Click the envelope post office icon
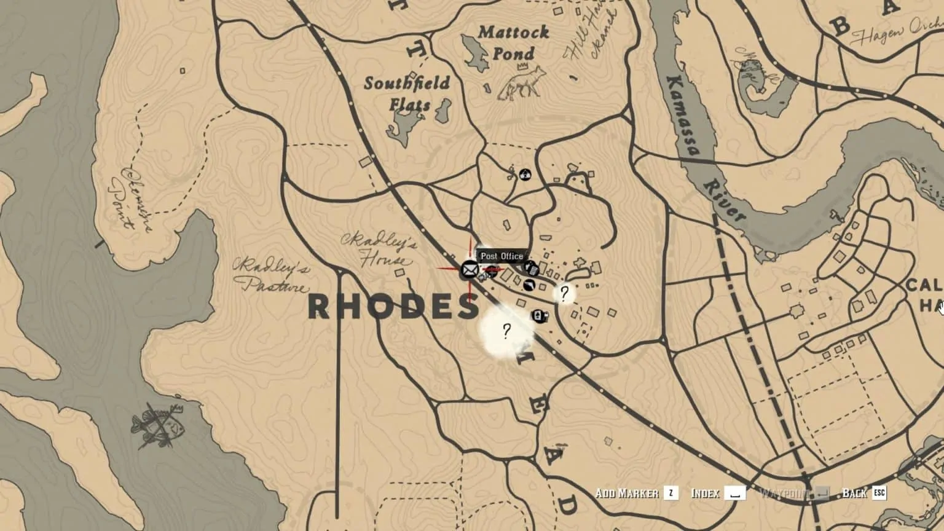tap(470, 269)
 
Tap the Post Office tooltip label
tap(502, 256)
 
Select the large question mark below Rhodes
tap(506, 332)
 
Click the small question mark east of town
tap(564, 293)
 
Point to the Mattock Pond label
tap(513, 42)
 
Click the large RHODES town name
tap(393, 306)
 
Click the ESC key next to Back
tap(879, 493)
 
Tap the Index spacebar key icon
tap(735, 493)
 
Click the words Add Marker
tap(626, 493)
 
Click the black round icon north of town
tap(524, 175)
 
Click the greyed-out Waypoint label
tap(784, 493)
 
